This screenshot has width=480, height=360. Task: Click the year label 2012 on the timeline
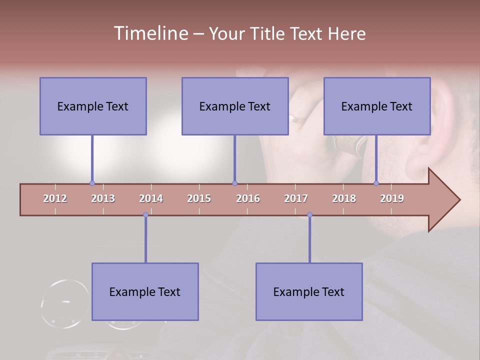55,198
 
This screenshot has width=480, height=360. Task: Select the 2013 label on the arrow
103,198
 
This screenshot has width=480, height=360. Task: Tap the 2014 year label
151,198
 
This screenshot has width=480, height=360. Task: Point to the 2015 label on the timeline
199,198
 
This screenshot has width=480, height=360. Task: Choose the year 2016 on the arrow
248,198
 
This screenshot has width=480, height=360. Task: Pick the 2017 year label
296,198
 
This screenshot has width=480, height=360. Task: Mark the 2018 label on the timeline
344,198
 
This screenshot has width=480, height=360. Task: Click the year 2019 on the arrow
392,198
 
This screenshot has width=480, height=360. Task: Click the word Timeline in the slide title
150,33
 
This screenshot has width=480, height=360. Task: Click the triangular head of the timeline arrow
443,200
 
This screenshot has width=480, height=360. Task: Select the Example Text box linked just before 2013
93,106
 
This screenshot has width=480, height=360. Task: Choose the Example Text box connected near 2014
145,291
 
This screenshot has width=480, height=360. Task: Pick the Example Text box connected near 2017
309,291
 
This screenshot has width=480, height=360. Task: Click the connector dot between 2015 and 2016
234,183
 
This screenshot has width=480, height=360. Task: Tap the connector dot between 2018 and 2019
376,183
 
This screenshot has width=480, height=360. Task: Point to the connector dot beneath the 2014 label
145,215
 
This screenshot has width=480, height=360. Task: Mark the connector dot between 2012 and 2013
92,183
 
